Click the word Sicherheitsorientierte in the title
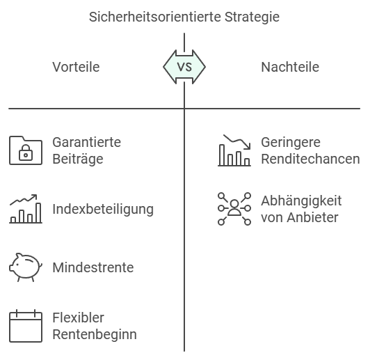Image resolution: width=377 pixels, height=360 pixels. point(155,17)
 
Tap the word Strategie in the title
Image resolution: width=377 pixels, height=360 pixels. point(252,17)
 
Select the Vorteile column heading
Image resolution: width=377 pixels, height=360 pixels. point(76,67)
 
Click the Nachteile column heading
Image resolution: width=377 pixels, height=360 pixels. point(290,67)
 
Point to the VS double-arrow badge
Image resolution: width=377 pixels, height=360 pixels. point(184,67)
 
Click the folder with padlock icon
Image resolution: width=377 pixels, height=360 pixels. point(26,150)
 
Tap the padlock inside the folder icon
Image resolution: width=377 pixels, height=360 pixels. point(26,152)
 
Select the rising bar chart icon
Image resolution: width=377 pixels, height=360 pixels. point(26,209)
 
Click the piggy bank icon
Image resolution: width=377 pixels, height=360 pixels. point(26,267)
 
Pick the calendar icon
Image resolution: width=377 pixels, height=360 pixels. point(26,326)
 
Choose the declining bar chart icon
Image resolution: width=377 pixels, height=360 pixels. point(234,150)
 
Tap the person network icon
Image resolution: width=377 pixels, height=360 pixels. point(234,209)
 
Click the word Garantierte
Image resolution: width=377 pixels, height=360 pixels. point(86,142)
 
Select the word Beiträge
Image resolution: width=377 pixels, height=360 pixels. point(78,159)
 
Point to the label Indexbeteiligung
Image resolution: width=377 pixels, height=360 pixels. point(103,209)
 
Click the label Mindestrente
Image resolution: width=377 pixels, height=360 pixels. point(93,267)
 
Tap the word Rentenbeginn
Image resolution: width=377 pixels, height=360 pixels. point(95,334)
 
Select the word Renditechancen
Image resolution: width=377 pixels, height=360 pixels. point(310,159)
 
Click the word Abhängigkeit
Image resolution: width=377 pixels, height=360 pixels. point(301,201)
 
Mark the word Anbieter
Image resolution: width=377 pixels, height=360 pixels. point(312,217)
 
